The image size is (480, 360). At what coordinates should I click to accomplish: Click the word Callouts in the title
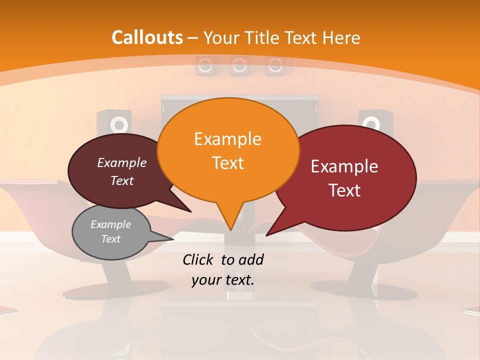[x=147, y=37]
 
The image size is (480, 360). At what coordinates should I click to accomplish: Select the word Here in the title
[x=341, y=37]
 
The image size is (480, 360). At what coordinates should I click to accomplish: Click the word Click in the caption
[x=198, y=259]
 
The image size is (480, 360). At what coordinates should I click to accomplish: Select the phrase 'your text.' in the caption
[x=223, y=280]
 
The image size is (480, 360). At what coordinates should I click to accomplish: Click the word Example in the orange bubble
[x=227, y=139]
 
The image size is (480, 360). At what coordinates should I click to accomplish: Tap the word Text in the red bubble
[x=344, y=190]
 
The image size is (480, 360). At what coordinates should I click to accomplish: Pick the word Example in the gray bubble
[x=110, y=224]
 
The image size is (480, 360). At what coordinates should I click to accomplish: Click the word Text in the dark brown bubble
[x=122, y=181]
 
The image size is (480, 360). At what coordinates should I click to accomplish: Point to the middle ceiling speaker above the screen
[x=239, y=65]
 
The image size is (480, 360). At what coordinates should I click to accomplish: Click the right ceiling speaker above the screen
[x=275, y=65]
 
